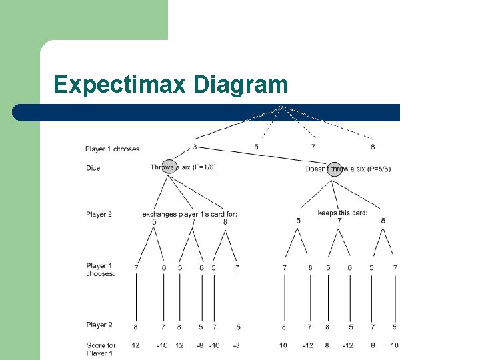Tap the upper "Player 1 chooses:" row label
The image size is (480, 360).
pyautogui.click(x=113, y=149)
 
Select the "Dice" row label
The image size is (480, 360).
pyautogui.click(x=93, y=168)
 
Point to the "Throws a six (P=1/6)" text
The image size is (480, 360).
pyautogui.click(x=183, y=168)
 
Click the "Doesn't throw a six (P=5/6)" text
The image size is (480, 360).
pyautogui.click(x=348, y=169)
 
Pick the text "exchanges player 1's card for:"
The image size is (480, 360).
pyautogui.click(x=189, y=214)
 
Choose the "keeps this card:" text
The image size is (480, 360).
pyautogui.click(x=343, y=213)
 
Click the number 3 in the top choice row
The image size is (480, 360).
pyautogui.click(x=195, y=146)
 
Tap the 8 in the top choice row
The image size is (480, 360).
pyautogui.click(x=372, y=146)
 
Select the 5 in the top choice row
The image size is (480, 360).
pyautogui.click(x=256, y=146)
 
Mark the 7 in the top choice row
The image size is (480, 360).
pyautogui.click(x=313, y=146)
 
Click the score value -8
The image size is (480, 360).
pyautogui.click(x=200, y=345)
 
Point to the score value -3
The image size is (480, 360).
pyautogui.click(x=237, y=345)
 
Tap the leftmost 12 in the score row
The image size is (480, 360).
pyautogui.click(x=136, y=345)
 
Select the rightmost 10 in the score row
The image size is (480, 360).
pyautogui.click(x=395, y=345)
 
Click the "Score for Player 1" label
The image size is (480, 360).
pyautogui.click(x=101, y=349)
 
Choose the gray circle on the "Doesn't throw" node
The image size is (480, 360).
pyautogui.click(x=334, y=169)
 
